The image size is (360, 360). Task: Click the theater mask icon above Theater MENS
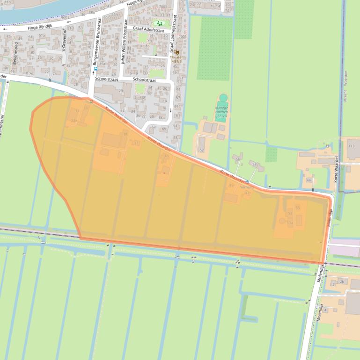(x=176, y=52)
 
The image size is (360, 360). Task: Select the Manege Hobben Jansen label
(x=221, y=112)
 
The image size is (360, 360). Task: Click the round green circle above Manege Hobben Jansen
(x=223, y=98)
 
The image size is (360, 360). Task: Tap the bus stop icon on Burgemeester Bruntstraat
(x=96, y=69)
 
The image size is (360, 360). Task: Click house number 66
(x=309, y=180)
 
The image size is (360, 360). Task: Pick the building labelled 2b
(x=342, y=281)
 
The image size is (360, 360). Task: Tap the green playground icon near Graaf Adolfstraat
(x=160, y=22)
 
